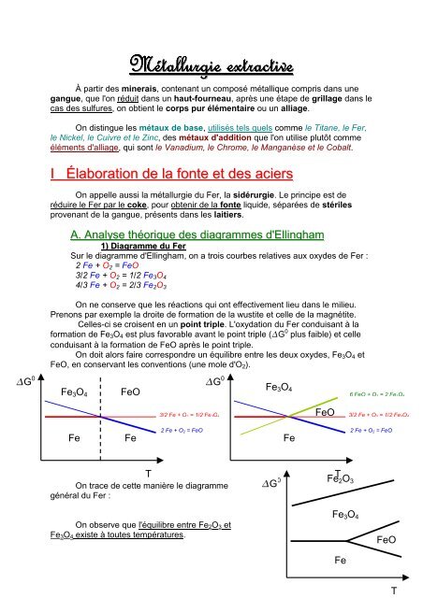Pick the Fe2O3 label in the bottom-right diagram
(345, 479)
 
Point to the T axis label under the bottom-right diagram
(394, 591)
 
